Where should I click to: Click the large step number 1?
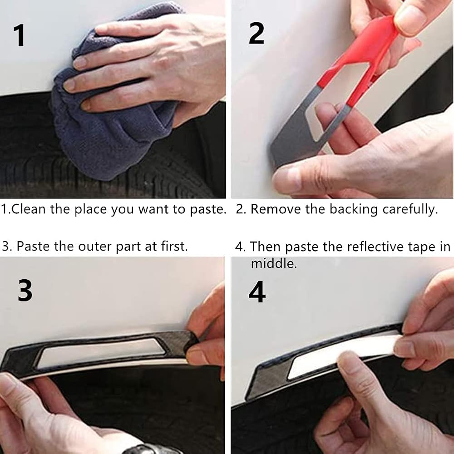(x=19, y=35)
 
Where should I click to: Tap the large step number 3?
(x=25, y=291)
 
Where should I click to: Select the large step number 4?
(x=257, y=291)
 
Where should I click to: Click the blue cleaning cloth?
(x=110, y=116)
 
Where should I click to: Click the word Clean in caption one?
(x=28, y=209)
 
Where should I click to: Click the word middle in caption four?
(x=274, y=264)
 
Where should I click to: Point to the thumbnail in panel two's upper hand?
(x=408, y=18)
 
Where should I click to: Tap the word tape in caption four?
(x=422, y=247)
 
